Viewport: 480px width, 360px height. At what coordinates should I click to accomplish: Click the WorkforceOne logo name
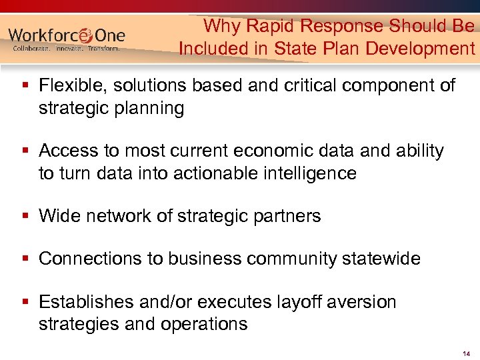(x=67, y=35)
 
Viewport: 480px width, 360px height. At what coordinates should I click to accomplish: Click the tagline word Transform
(x=103, y=49)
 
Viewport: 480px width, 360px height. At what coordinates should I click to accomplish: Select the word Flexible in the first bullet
(x=69, y=85)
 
